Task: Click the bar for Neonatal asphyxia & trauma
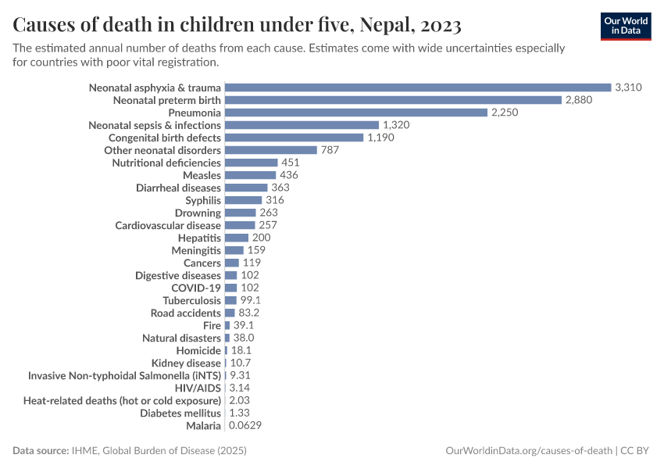point(417,88)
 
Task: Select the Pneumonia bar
point(355,113)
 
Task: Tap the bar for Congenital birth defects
point(294,138)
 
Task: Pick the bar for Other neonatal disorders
point(270,150)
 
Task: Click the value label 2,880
point(580,100)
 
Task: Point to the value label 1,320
point(396,125)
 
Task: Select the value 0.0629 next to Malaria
point(245,425)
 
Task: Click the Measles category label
point(202,175)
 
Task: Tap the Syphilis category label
point(203,200)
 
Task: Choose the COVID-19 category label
point(196,288)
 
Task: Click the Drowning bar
point(240,213)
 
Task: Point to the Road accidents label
point(186,313)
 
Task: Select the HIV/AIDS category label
point(198,388)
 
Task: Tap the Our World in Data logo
point(625,26)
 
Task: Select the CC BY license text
point(637,451)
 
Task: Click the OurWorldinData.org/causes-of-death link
point(528,451)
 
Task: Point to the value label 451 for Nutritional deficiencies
point(291,163)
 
